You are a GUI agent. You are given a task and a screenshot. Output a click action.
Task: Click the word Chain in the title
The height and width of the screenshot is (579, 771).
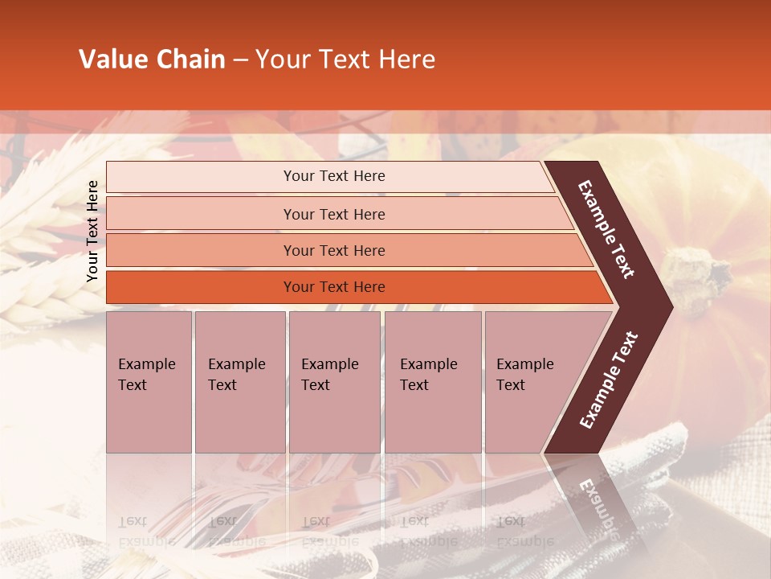tap(190, 60)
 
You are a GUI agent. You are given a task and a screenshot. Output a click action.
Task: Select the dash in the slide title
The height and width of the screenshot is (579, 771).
tap(240, 60)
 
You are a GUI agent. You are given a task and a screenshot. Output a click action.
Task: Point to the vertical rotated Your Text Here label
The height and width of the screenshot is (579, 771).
tap(92, 231)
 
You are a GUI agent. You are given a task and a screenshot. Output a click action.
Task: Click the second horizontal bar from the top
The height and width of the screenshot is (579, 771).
tap(333, 214)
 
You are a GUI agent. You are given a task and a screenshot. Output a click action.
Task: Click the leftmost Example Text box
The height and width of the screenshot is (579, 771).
tap(149, 381)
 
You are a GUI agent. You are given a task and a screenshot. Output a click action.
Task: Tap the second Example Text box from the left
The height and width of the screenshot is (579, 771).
tap(239, 381)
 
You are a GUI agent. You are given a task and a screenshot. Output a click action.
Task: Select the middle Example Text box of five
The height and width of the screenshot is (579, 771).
tap(334, 381)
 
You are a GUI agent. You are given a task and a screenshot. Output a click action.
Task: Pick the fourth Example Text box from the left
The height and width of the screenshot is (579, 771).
tap(432, 381)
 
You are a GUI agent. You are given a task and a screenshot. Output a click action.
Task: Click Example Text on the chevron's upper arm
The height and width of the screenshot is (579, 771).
tap(606, 230)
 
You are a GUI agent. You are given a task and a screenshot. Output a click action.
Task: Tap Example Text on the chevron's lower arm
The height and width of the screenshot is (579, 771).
tap(608, 380)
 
